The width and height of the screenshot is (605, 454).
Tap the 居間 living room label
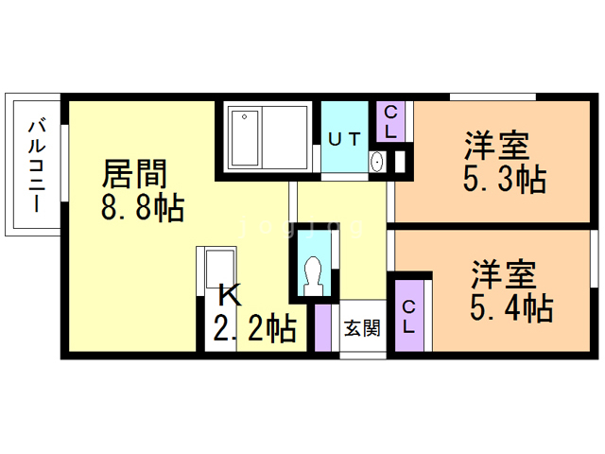click(134, 173)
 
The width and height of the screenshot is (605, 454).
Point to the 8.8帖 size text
click(143, 206)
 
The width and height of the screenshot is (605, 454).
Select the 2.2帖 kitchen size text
click(254, 329)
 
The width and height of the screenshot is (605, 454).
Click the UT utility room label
click(344, 138)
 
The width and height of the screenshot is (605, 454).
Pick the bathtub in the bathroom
click(243, 138)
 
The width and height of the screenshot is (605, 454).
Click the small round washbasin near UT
click(377, 163)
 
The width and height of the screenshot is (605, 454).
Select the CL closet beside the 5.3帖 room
click(390, 122)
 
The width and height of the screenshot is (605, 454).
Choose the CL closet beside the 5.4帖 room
click(409, 316)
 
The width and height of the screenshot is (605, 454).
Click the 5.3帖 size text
click(504, 179)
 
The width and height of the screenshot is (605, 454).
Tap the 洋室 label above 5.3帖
click(495, 147)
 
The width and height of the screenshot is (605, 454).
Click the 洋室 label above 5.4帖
click(504, 274)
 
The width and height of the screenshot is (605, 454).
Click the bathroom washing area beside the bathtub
click(284, 138)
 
